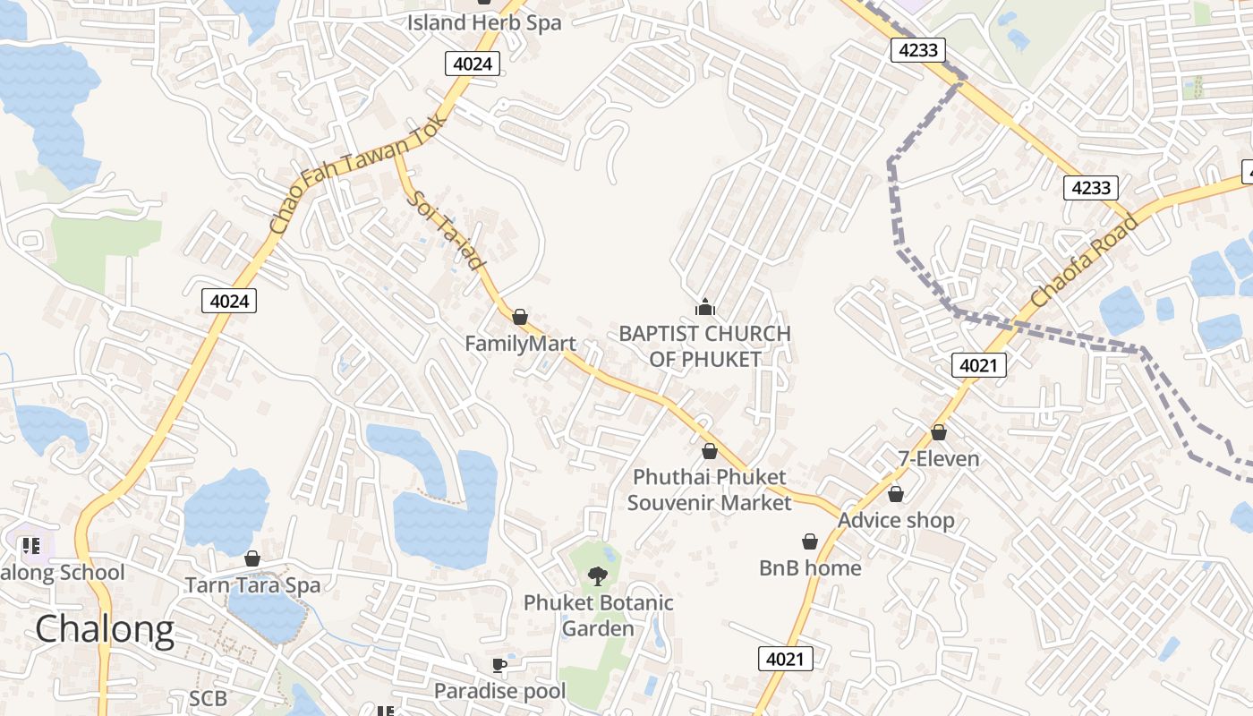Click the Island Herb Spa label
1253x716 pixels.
484,22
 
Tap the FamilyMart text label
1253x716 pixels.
520,344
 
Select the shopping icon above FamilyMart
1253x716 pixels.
520,317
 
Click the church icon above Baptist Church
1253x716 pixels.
705,308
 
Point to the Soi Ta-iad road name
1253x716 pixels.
446,232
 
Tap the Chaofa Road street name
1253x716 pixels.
1084,260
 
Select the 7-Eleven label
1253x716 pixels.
939,459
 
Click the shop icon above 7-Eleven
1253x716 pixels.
939,432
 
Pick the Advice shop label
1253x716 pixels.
896,520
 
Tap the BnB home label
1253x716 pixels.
810,567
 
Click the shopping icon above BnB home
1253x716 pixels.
810,541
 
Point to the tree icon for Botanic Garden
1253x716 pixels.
598,575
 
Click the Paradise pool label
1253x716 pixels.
500,691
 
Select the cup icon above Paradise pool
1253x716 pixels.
499,665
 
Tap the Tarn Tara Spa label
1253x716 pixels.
252,585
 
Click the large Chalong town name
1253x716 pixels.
105,630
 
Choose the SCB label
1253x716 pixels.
208,698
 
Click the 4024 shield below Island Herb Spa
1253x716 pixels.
472,64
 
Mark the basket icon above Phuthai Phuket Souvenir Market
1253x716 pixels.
710,451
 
